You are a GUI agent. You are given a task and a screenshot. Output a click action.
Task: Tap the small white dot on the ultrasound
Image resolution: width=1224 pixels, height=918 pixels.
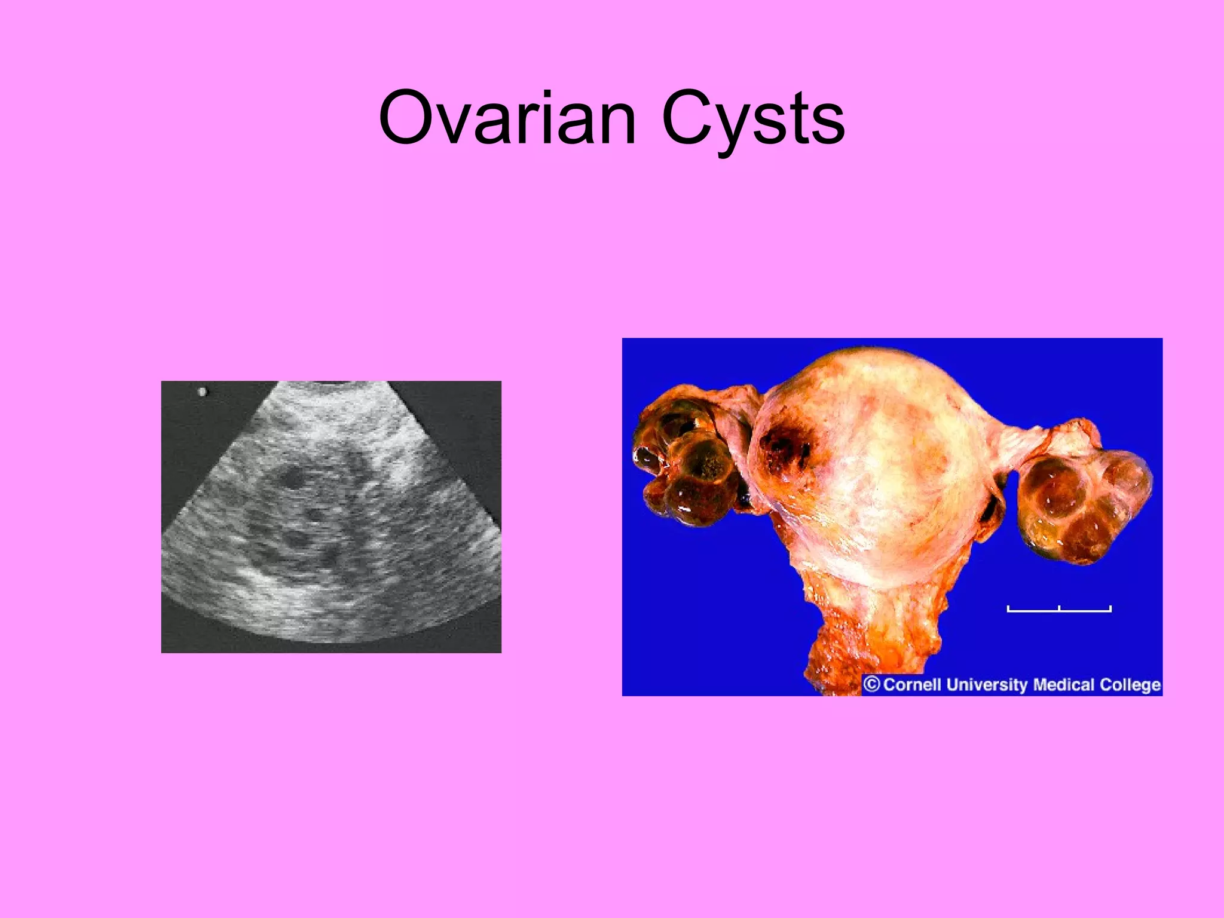click(202, 392)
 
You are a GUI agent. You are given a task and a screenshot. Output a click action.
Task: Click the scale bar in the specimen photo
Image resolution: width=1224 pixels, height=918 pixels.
click(1058, 610)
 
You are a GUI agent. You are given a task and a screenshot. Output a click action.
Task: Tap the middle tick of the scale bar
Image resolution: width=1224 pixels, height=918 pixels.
click(1058, 608)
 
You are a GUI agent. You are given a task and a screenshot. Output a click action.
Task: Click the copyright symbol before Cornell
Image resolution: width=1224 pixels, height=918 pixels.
click(872, 684)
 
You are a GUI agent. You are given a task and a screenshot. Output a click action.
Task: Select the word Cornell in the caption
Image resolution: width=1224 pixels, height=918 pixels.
click(912, 684)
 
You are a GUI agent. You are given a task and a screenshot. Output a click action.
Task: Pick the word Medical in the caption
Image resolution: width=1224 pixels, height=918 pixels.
click(1063, 684)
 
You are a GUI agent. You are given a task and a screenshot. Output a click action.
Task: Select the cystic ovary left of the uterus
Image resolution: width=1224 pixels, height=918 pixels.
click(687, 466)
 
